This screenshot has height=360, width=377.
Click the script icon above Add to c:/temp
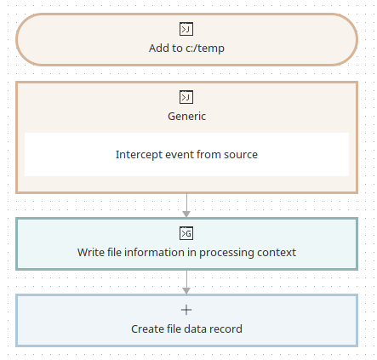pos(186,29)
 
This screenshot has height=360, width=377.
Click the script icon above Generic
pos(186,97)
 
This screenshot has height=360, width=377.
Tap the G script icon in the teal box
pos(186,233)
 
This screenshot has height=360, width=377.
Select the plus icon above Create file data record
pos(186,310)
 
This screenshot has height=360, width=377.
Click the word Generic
pos(186,117)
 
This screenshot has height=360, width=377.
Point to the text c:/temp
pos(205,49)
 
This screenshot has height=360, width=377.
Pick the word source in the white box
pos(241,155)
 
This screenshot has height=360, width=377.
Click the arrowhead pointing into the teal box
pos(186,214)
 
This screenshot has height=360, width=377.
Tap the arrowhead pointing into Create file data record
pos(186,291)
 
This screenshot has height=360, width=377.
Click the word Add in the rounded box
pos(159,49)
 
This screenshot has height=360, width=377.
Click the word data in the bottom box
pos(197,329)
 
